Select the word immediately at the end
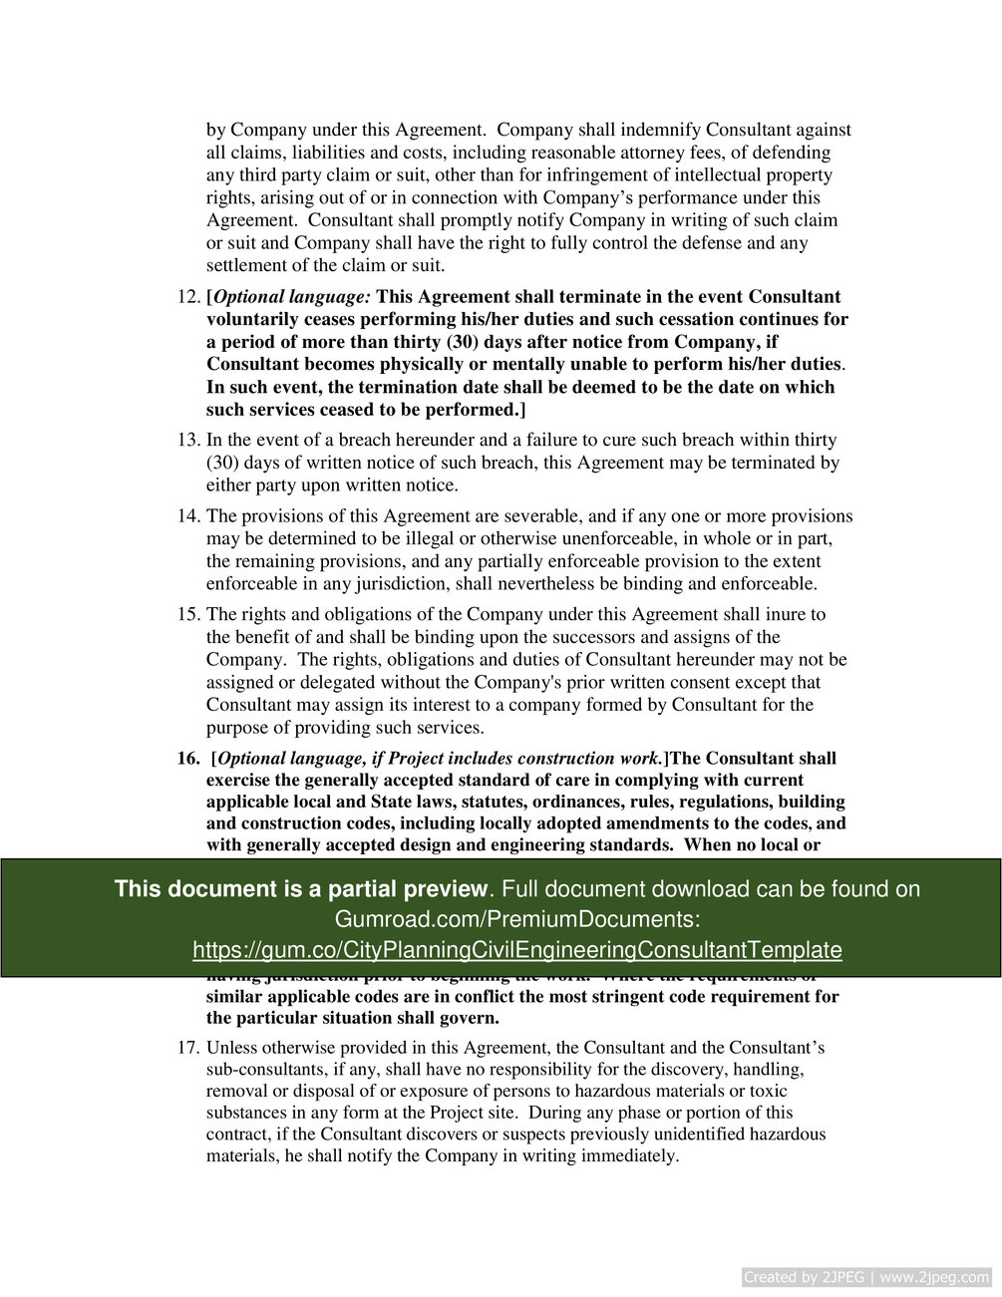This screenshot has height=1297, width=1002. pyautogui.click(x=628, y=1156)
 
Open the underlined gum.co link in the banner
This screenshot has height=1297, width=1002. pyautogui.click(x=516, y=950)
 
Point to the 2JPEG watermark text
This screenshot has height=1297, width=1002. pyautogui.click(x=865, y=1277)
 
